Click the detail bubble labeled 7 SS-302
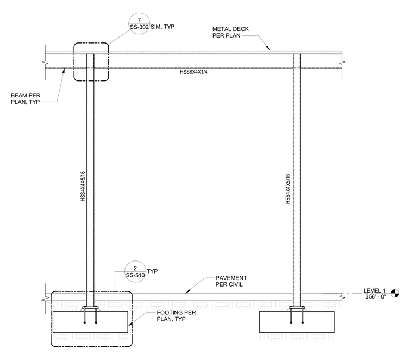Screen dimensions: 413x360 point(139,23)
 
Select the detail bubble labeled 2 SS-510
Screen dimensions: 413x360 point(135,272)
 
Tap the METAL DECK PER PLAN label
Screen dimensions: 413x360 point(230,32)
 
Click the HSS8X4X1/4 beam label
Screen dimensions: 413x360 point(193,72)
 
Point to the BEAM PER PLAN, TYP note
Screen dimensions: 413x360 point(26,98)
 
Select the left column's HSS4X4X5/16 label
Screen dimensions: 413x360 point(83,187)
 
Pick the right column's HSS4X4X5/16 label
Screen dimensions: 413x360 point(288,189)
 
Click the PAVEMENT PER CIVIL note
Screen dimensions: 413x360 point(231,281)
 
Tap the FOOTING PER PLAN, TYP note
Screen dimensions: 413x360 point(176,316)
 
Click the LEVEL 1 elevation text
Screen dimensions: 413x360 point(374,290)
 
